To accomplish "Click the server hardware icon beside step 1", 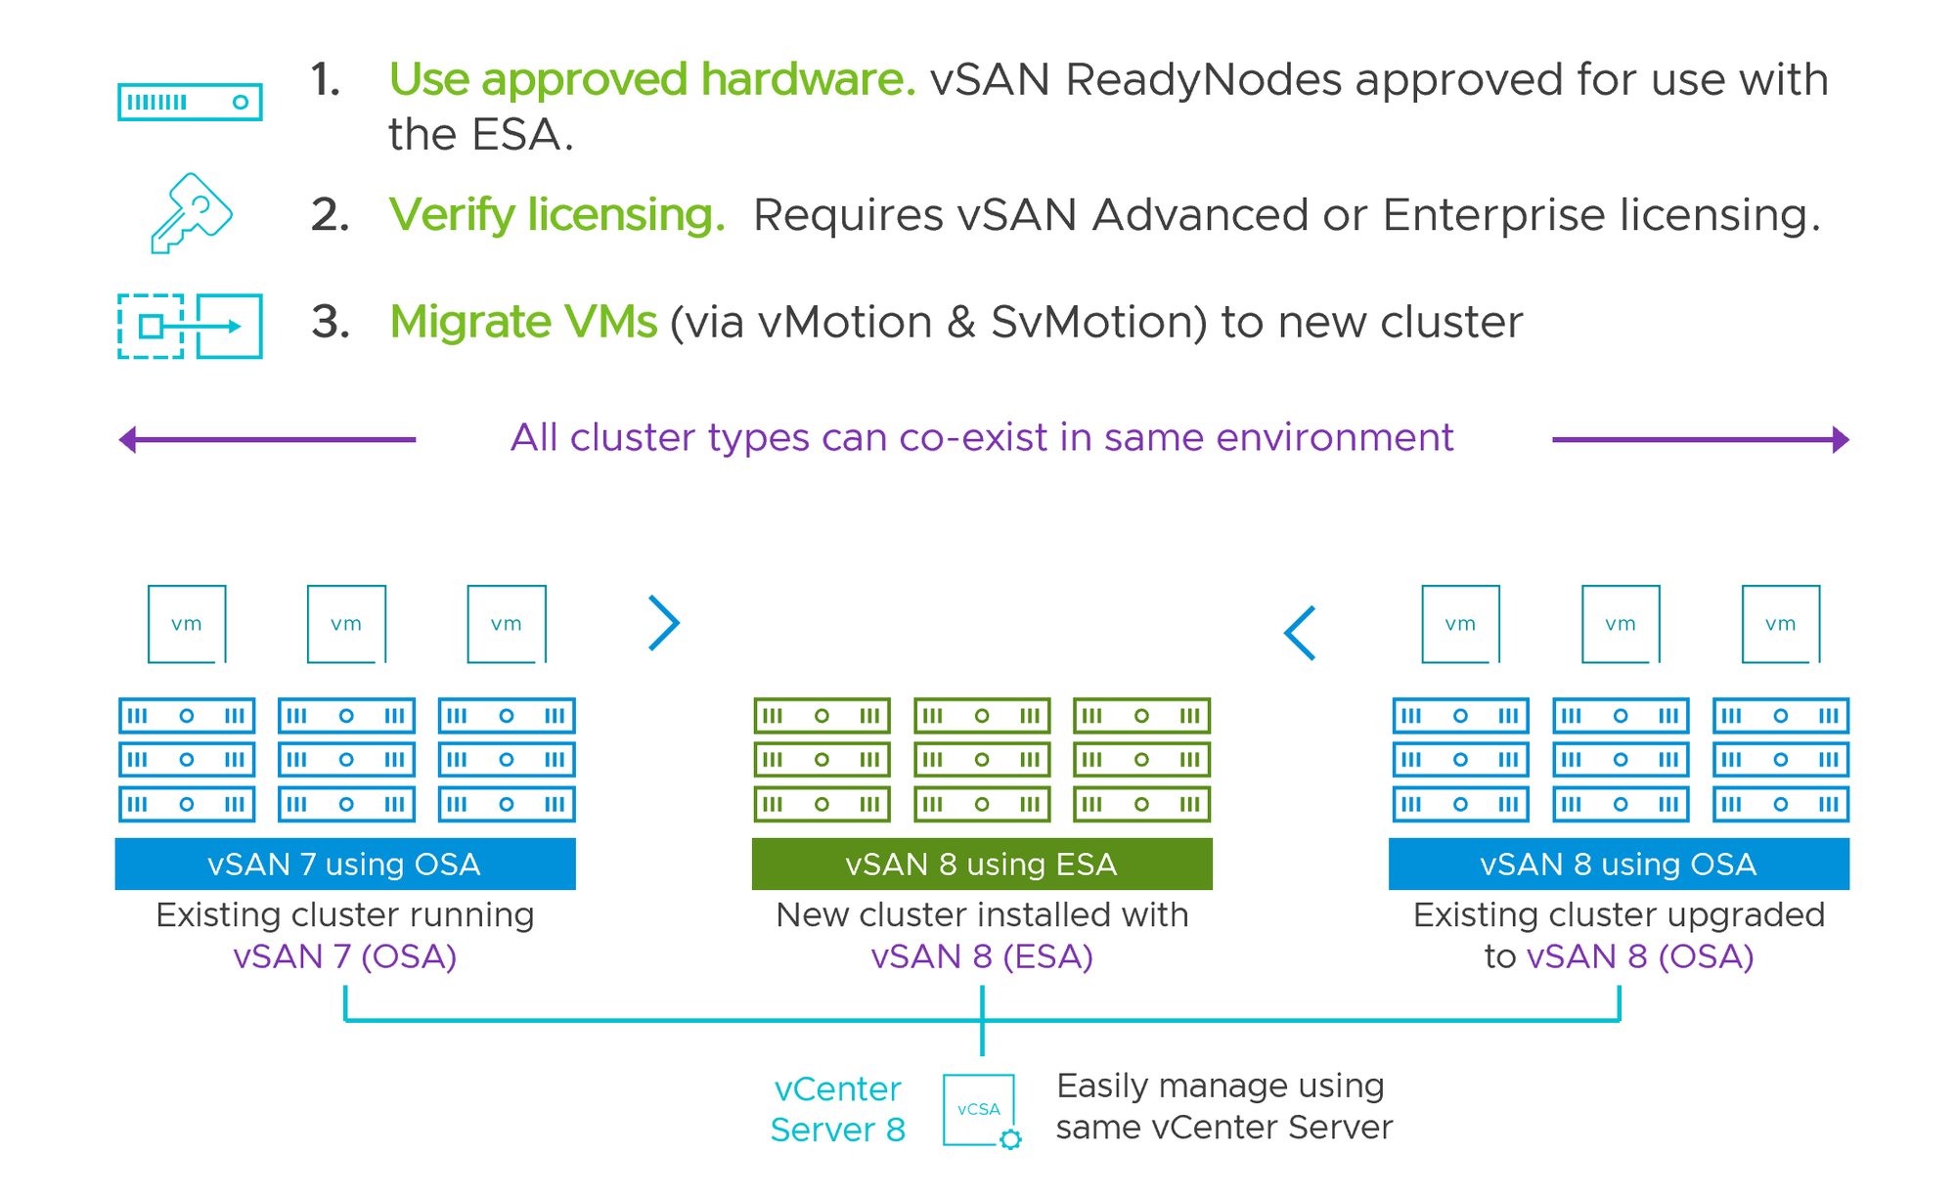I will click(x=190, y=102).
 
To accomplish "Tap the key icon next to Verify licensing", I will click(x=191, y=213).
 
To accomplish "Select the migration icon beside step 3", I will click(x=190, y=326).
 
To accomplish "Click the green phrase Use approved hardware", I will click(x=651, y=79).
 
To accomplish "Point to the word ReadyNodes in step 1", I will click(x=1202, y=79).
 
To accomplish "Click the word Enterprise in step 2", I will click(x=1493, y=214).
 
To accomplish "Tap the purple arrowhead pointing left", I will click(x=128, y=439).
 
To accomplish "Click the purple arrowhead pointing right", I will click(x=1840, y=439).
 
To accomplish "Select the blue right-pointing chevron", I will click(x=664, y=623).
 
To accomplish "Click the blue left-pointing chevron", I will click(x=1300, y=633).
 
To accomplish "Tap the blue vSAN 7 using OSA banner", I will click(x=344, y=864).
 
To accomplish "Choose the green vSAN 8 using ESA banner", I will click(x=981, y=864).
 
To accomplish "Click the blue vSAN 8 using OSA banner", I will click(x=1618, y=864).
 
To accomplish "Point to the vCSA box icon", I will click(x=978, y=1108).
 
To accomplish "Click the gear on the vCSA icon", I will click(x=1010, y=1139).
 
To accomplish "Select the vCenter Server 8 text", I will click(x=837, y=1109).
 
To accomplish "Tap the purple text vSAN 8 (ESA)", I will click(x=981, y=955).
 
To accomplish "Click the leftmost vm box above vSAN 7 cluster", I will click(x=187, y=624).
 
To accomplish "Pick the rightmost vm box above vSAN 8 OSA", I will click(x=1780, y=624).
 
